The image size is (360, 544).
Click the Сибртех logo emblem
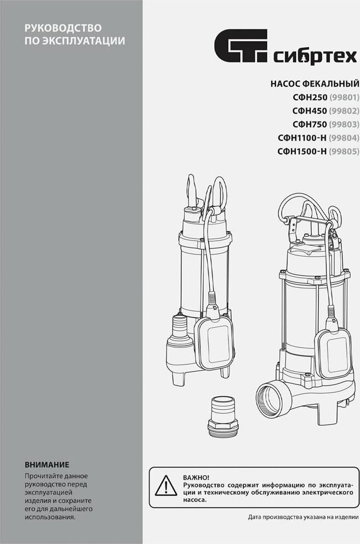241,46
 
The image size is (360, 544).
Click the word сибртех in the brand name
315,57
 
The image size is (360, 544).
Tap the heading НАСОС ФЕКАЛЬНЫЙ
315,83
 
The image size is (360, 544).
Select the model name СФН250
310,97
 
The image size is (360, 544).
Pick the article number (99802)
344,111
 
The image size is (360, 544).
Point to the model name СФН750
310,124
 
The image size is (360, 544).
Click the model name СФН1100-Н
302,138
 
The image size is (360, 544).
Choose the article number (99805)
344,151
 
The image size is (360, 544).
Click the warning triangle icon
166,486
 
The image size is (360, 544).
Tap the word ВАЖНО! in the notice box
196,478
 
